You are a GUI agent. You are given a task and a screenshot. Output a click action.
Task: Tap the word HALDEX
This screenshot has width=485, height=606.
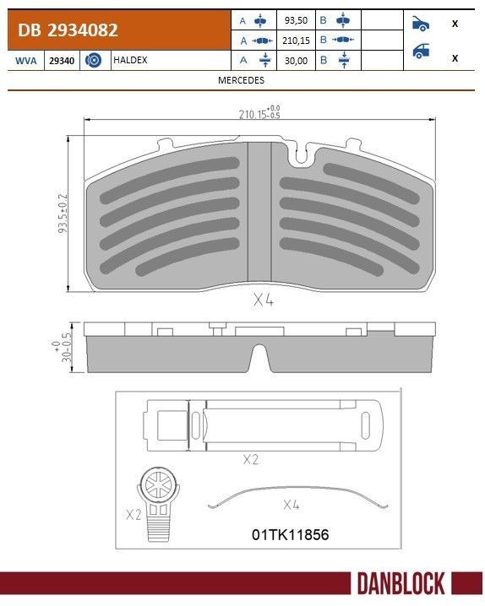coord(132,61)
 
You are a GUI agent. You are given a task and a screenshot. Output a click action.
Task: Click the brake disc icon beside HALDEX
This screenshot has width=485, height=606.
coord(95,61)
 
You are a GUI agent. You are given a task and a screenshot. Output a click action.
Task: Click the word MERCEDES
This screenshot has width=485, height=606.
coord(242,80)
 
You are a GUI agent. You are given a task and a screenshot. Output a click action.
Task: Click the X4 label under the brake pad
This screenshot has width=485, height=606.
coord(264,299)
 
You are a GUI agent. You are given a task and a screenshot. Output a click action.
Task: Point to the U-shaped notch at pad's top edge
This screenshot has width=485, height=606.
coord(300,154)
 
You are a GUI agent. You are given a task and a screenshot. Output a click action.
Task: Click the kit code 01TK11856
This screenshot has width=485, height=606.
coord(290,534)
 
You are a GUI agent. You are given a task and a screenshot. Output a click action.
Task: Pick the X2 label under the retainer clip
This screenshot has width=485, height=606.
coord(251,459)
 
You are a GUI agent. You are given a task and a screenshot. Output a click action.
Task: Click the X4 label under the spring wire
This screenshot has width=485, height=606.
coord(292,506)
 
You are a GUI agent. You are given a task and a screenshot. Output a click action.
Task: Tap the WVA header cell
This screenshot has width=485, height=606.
coord(25,61)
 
